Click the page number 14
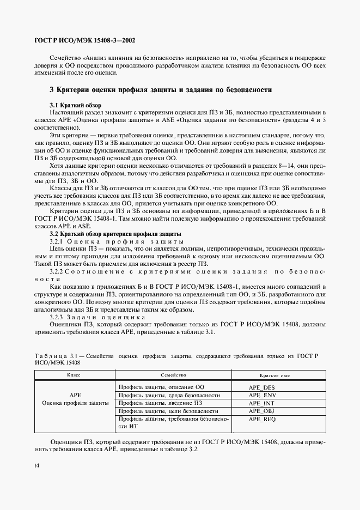36,465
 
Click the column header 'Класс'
75,375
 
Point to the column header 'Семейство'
174,375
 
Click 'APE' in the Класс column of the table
75,395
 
